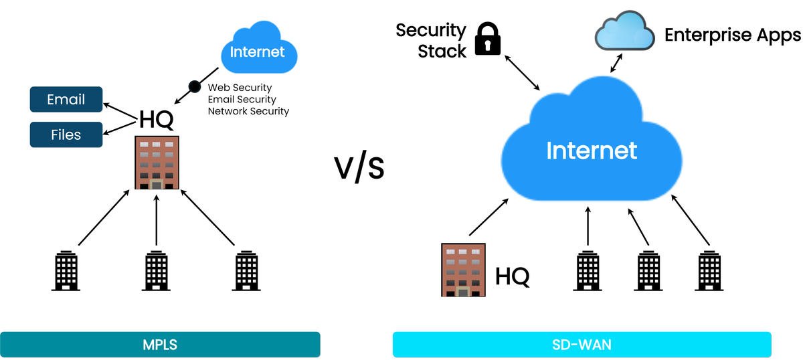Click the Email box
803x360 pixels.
pos(66,100)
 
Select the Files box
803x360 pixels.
pos(66,134)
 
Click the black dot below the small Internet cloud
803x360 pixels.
pos(195,86)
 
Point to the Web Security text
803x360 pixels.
pos(240,88)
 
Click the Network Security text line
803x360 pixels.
pos(248,111)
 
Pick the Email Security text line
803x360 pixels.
pos(242,100)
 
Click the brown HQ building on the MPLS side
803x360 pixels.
pos(157,163)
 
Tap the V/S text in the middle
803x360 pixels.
pos(359,168)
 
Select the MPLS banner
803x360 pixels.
pos(160,345)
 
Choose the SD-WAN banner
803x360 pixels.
pos(582,345)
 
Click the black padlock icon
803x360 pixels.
pos(488,39)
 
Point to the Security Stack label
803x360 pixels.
pos(431,40)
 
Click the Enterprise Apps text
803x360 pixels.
pos(732,35)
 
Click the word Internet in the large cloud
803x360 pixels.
pos(592,151)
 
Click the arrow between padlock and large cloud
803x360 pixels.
pos(523,72)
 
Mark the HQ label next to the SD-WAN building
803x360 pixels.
pos(513,275)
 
